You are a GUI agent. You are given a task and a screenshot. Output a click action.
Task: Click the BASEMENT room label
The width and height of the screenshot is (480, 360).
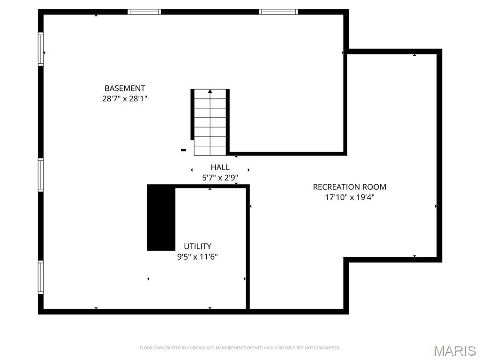pos(125,88)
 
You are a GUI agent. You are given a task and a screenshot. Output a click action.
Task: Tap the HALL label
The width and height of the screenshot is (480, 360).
pos(220,167)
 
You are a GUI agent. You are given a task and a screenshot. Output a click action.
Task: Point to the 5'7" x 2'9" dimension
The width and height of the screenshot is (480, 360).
pos(220,178)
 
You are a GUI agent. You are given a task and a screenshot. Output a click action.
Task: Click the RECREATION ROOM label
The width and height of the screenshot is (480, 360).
pos(350,187)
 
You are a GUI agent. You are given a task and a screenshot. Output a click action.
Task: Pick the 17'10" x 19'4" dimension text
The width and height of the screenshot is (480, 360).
pos(350,197)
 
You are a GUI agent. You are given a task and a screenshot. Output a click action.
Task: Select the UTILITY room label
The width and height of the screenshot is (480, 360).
pos(197,246)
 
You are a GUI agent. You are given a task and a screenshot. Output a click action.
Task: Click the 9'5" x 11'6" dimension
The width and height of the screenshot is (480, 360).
pos(197,257)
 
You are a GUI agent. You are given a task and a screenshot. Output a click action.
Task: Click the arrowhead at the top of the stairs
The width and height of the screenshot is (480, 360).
pos(210,91)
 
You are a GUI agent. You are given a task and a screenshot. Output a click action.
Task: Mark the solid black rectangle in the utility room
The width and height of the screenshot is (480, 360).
pos(161,217)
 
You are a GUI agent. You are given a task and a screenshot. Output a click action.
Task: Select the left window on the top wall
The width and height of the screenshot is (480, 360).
pos(144,12)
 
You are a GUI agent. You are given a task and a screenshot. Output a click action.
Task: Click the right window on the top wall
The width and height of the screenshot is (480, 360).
pos(278,12)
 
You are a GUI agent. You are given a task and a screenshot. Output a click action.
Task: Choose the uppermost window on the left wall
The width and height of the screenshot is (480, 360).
pos(41,49)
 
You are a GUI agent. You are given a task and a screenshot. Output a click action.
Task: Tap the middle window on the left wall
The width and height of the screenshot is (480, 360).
pos(41,175)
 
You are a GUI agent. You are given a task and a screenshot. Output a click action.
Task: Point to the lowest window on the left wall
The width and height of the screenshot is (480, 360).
pos(41,277)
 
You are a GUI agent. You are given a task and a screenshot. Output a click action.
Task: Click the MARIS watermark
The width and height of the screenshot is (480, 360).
pos(454,351)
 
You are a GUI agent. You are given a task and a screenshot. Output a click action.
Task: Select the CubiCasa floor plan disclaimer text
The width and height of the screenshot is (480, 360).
pos(240,348)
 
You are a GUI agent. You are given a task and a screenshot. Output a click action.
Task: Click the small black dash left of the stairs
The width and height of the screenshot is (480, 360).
pos(184,150)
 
